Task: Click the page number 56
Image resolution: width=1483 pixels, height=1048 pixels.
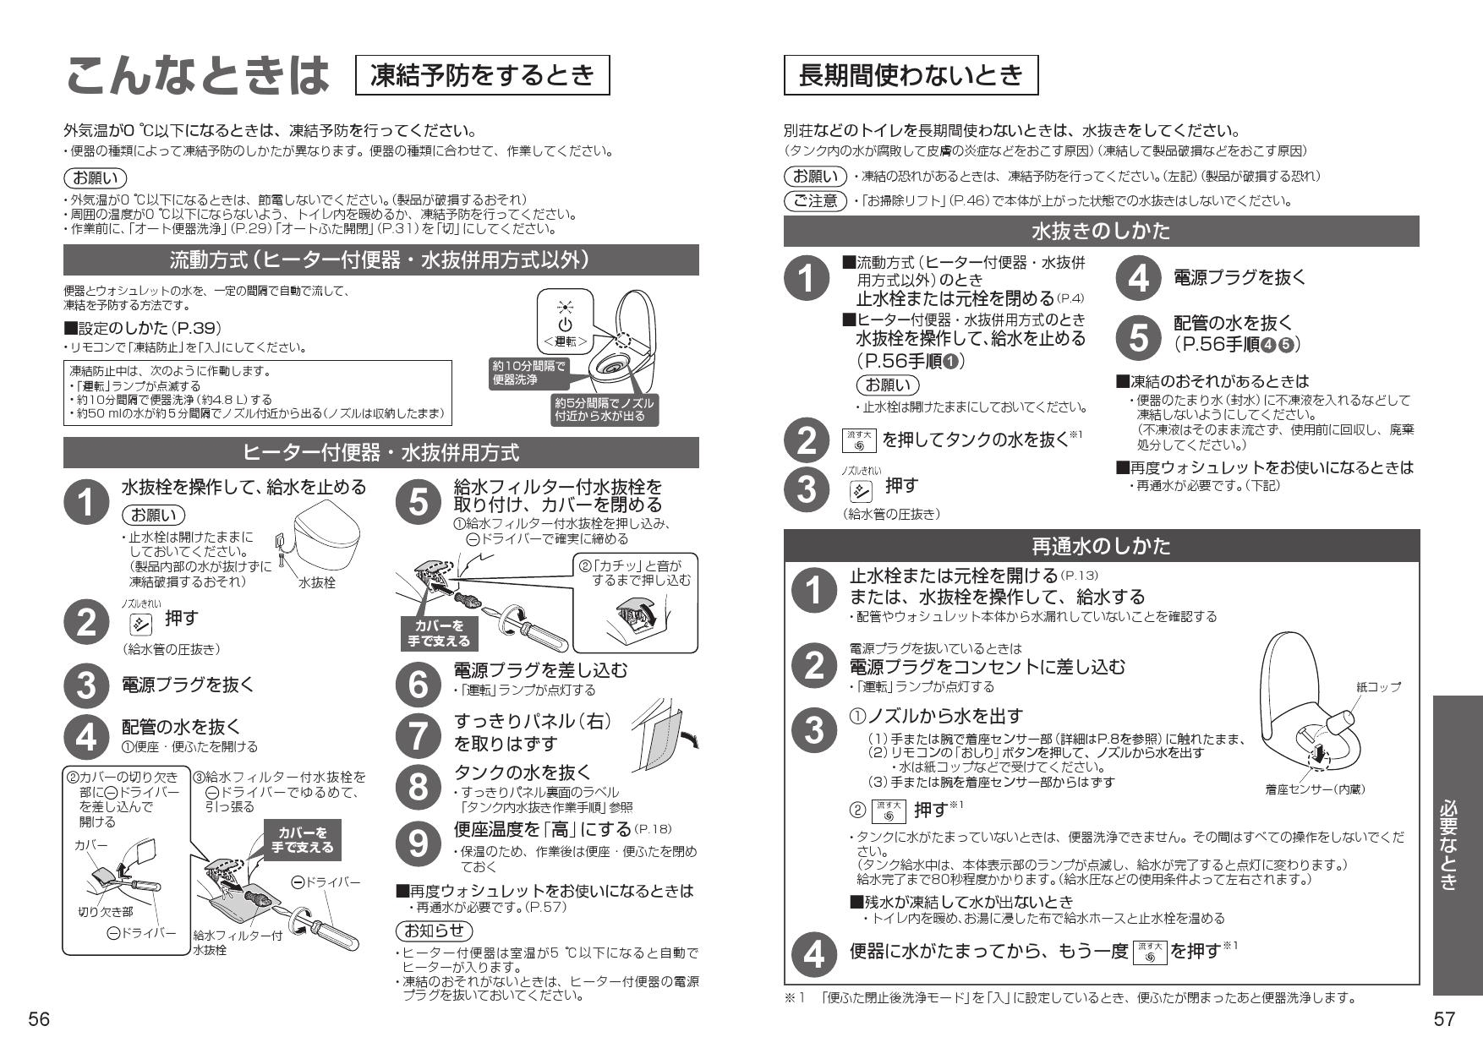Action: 39,1019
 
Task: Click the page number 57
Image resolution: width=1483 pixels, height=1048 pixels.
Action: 1444,1019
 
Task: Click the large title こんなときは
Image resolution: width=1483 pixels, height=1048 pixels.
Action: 197,76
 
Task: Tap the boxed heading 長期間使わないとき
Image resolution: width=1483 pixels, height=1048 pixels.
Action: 911,76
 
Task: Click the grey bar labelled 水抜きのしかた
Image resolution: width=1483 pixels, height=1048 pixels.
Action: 1101,231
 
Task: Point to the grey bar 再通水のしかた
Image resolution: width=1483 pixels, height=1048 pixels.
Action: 1101,546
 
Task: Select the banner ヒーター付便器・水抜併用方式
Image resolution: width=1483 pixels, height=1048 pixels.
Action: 380,453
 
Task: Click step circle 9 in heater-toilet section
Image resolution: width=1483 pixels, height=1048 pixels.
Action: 419,842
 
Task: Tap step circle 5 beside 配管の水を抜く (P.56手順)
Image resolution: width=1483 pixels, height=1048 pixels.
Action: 1139,337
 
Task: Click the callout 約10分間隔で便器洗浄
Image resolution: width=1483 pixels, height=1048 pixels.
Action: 528,373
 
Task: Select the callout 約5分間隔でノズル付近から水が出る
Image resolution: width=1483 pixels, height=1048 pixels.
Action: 603,409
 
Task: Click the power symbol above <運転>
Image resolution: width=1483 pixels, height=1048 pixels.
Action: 565,325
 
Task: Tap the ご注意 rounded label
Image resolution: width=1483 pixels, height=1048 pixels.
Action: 815,200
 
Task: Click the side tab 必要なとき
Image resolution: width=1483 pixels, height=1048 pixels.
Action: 1458,845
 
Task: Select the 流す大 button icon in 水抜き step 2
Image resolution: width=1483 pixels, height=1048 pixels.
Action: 859,439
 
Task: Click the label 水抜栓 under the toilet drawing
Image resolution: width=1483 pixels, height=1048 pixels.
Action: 317,582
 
